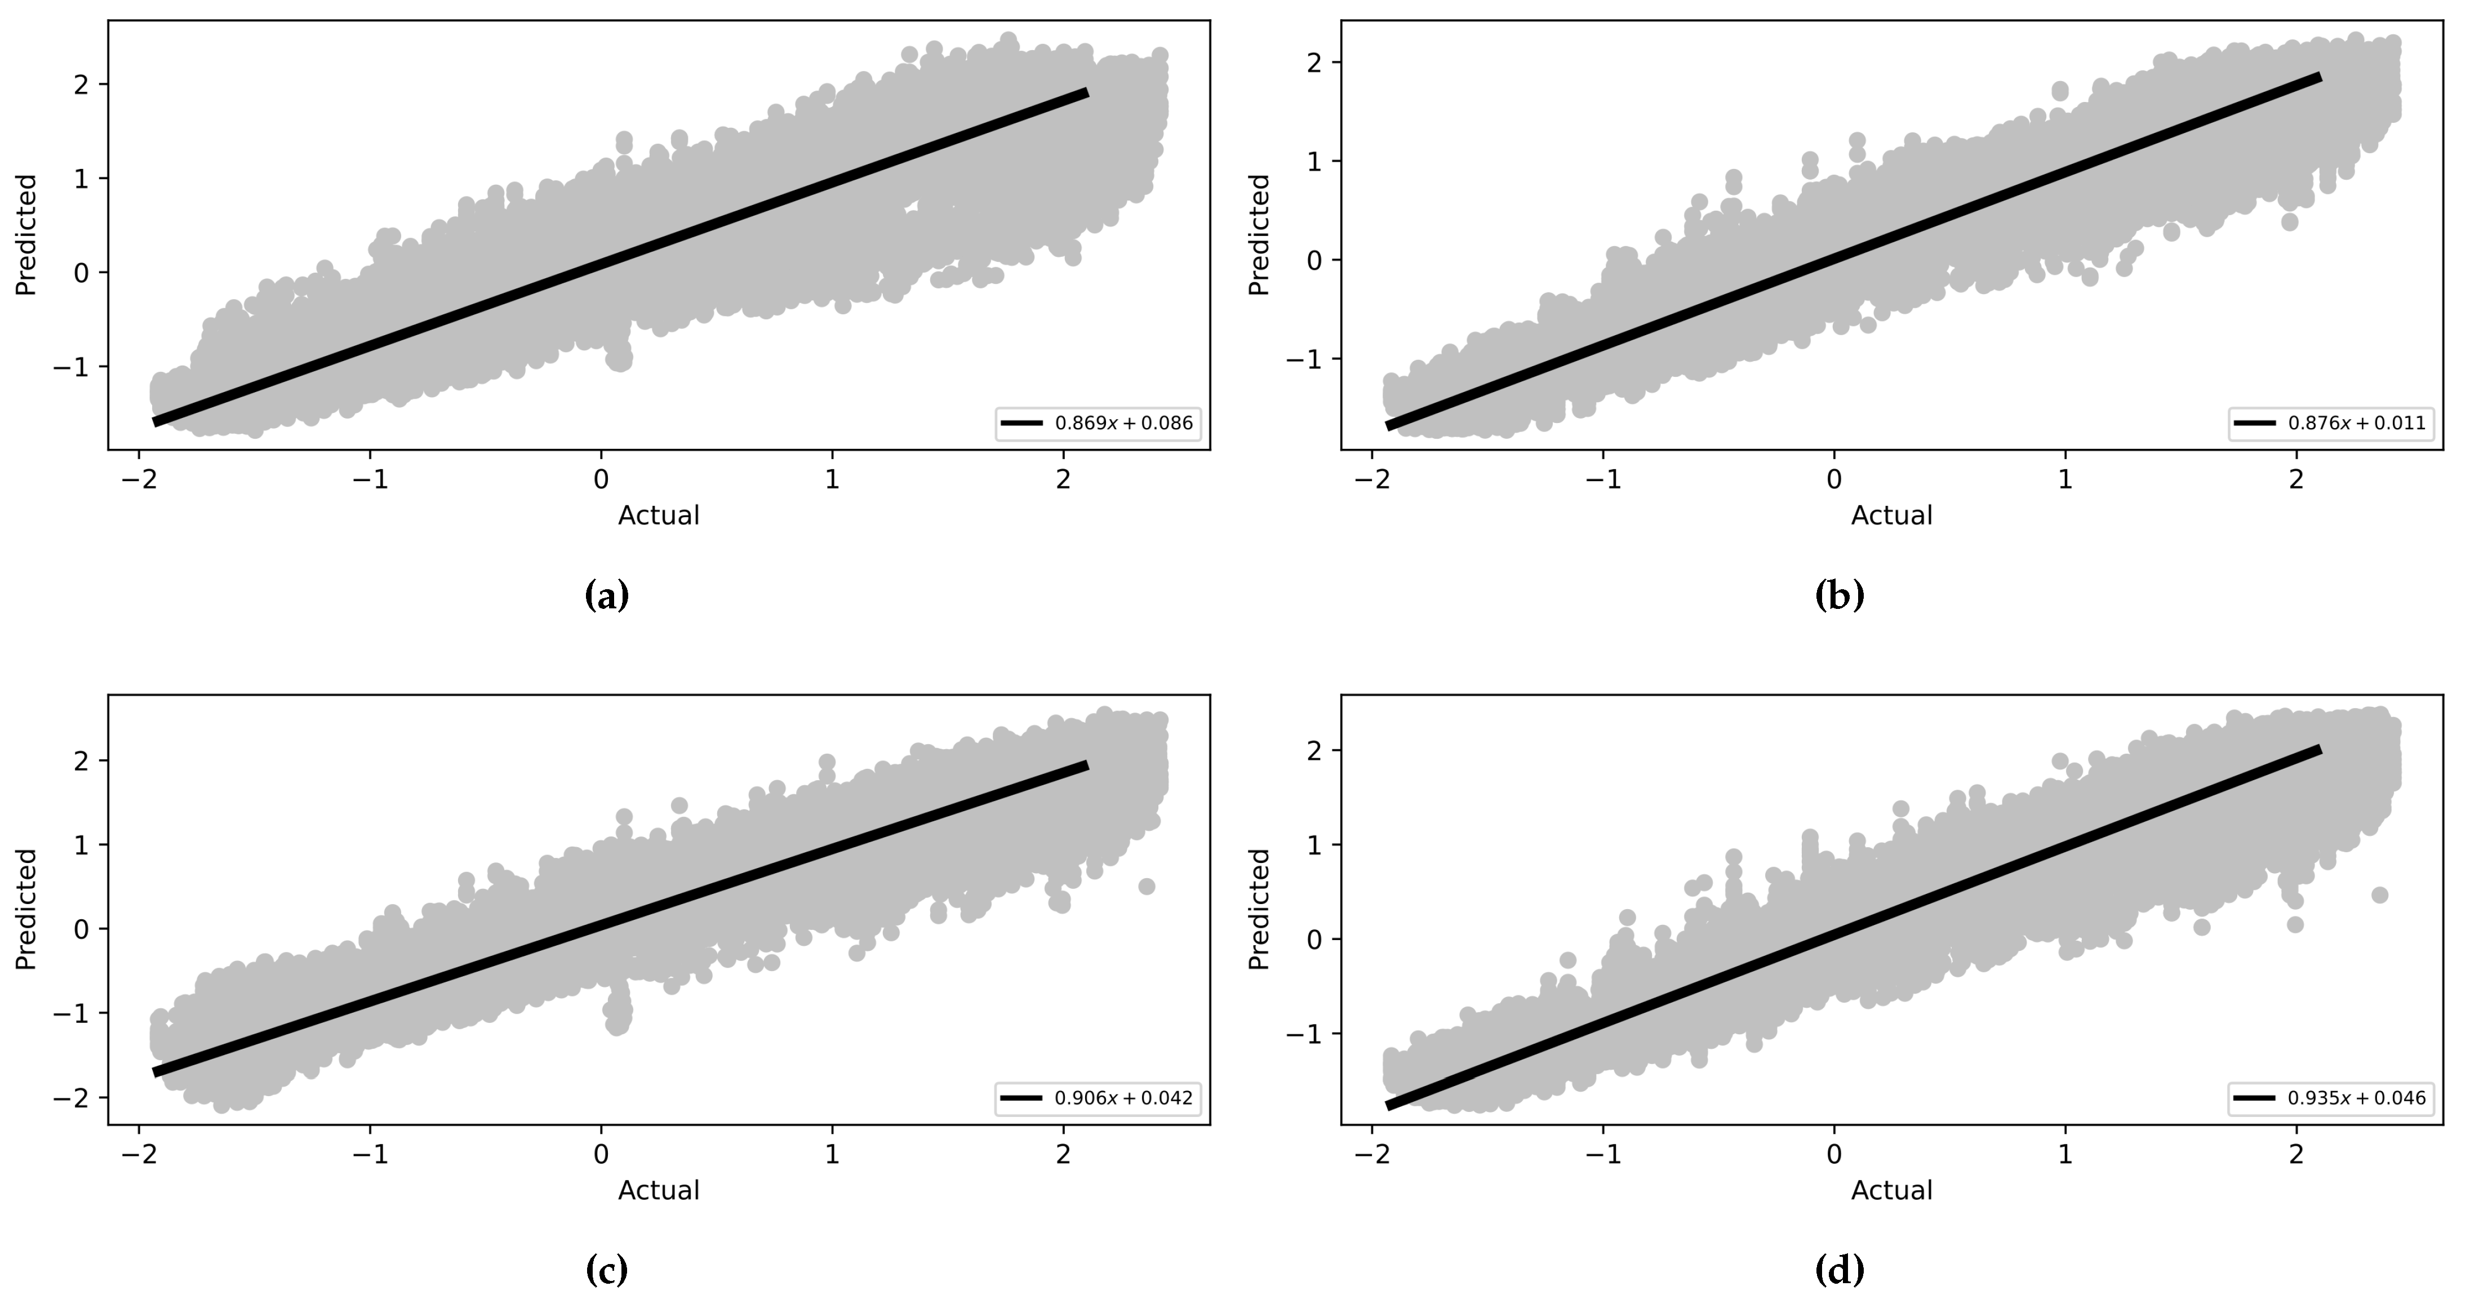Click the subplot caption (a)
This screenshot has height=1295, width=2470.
606,596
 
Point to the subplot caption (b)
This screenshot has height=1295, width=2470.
1839,596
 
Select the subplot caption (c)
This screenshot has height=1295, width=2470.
606,1270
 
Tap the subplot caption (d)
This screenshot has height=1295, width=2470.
1839,1270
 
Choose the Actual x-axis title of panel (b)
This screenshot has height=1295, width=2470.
1891,516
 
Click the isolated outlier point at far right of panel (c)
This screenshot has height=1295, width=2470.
1146,887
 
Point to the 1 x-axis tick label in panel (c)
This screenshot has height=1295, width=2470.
832,1154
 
